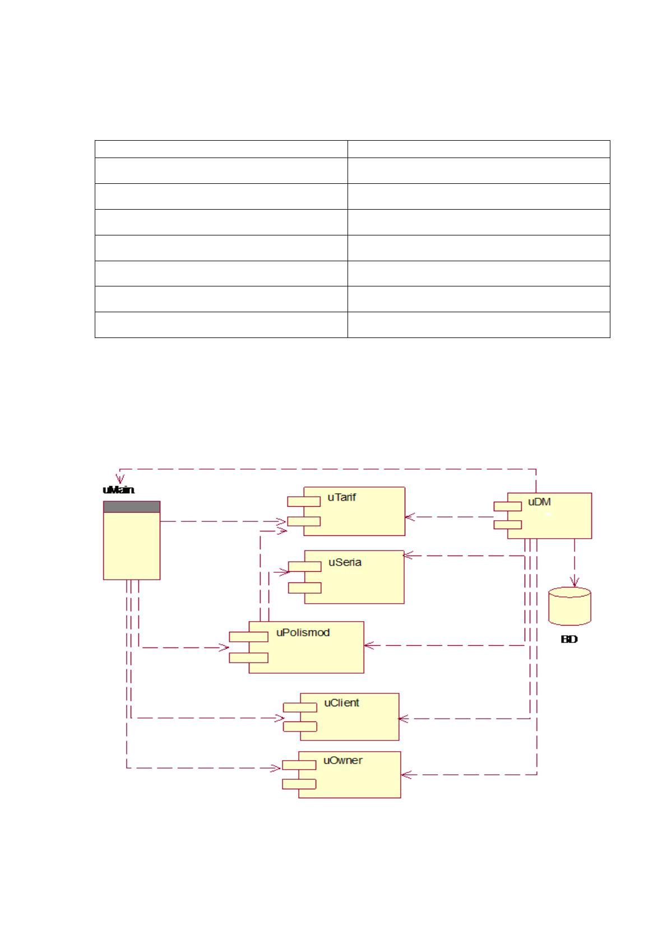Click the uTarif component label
tap(341, 497)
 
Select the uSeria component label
tap(345, 562)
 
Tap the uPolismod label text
tap(303, 632)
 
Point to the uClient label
tap(341, 703)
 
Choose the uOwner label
tap(342, 760)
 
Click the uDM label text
tap(539, 502)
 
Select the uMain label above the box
tap(118, 490)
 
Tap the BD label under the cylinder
tap(569, 639)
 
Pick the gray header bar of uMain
tap(132, 507)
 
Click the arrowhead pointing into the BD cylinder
tap(575, 582)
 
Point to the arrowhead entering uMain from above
tap(120, 479)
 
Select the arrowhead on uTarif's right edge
tap(410, 517)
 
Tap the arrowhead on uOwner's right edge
tap(406, 774)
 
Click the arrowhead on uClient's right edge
tap(403, 719)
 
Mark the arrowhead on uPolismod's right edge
tap(369, 645)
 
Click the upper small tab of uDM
tap(507, 507)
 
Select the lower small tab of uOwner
tap(299, 784)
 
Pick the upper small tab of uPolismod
tap(248, 636)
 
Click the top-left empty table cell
tap(221, 149)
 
